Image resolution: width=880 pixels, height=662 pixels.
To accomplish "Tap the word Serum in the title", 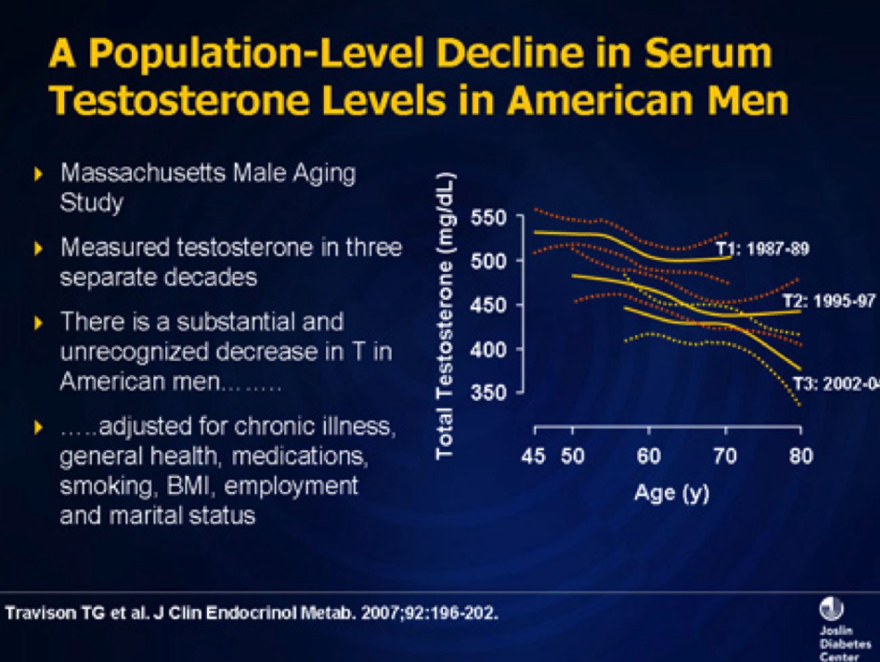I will point(707,53).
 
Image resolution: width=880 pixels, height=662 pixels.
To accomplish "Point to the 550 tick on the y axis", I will point(488,218).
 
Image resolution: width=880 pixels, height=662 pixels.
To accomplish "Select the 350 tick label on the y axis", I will point(488,393).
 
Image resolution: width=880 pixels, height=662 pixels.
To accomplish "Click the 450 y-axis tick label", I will point(488,305).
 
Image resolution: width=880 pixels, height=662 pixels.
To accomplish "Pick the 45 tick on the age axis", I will point(533,456).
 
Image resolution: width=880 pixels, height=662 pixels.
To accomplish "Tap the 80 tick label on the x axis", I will point(800,456).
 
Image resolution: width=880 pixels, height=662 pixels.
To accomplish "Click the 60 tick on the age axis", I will point(648,456).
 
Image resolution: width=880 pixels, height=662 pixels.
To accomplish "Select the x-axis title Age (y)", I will point(672,492).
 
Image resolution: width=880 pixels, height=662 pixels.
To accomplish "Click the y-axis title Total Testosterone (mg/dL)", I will point(444,315).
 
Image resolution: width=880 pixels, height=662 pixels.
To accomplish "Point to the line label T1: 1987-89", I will point(762,248).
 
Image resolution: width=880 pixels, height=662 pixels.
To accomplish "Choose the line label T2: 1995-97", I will point(829,301).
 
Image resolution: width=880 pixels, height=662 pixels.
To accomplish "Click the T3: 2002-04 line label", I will point(836,384).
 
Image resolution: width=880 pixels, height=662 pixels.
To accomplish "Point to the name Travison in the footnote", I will point(41,614).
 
